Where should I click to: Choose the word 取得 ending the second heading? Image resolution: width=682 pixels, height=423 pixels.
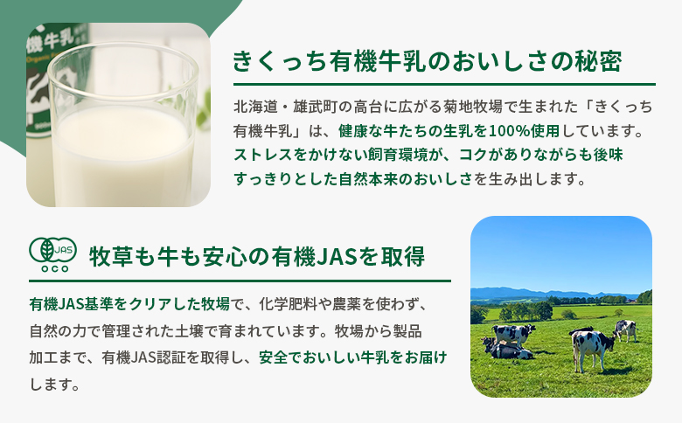404,258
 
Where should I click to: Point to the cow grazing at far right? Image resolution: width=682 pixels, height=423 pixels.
625,329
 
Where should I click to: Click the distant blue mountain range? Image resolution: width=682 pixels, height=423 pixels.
533,292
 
